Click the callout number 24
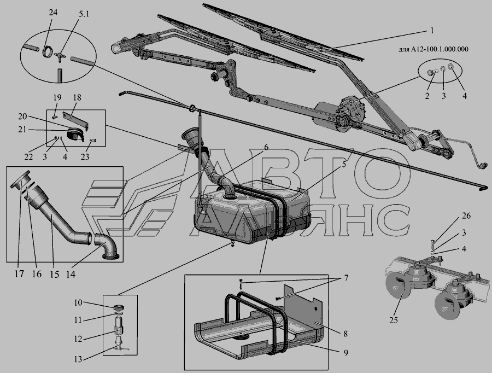(54, 13)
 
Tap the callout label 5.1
(84, 14)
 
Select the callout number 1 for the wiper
(432, 31)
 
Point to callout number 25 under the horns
(394, 320)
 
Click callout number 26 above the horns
(466, 215)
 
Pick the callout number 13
(78, 359)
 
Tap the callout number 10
(78, 302)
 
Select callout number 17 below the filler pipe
(19, 274)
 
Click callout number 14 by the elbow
(71, 274)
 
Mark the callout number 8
(345, 334)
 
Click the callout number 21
(22, 129)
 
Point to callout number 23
(85, 156)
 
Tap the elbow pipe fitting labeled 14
(106, 247)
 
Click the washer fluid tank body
(251, 213)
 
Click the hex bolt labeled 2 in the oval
(431, 73)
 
